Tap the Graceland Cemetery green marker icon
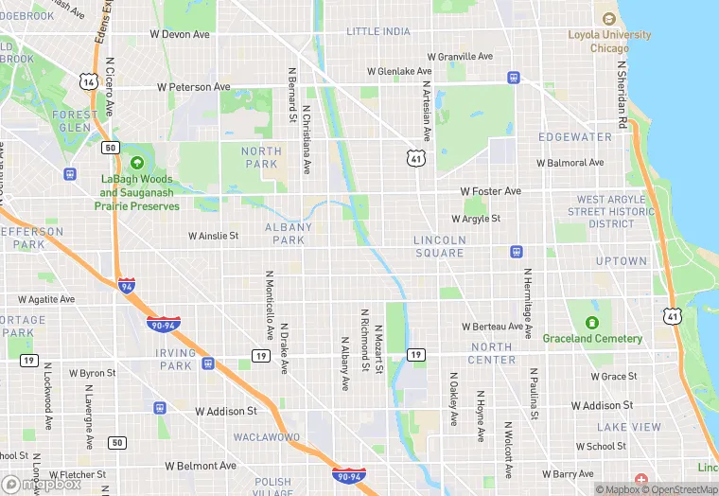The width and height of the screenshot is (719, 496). pos(592,323)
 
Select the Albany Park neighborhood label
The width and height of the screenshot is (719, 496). pos(289,234)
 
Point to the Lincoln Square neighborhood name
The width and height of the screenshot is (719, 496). pos(440,247)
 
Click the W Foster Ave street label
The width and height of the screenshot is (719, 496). pos(490,191)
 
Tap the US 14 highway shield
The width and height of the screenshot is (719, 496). pos(89,82)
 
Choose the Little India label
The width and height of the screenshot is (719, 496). pos(378,31)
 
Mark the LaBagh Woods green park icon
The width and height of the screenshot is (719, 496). pos(138,163)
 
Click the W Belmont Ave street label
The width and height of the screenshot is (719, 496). pos(200,466)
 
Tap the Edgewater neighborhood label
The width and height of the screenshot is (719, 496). pos(575,137)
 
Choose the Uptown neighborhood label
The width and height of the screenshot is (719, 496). pos(622,261)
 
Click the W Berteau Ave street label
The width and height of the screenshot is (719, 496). pos(498,327)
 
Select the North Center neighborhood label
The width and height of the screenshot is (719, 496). pos(492,354)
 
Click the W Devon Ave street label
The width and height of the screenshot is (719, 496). pos(180,34)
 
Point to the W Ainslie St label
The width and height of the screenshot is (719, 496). pos(213,236)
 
